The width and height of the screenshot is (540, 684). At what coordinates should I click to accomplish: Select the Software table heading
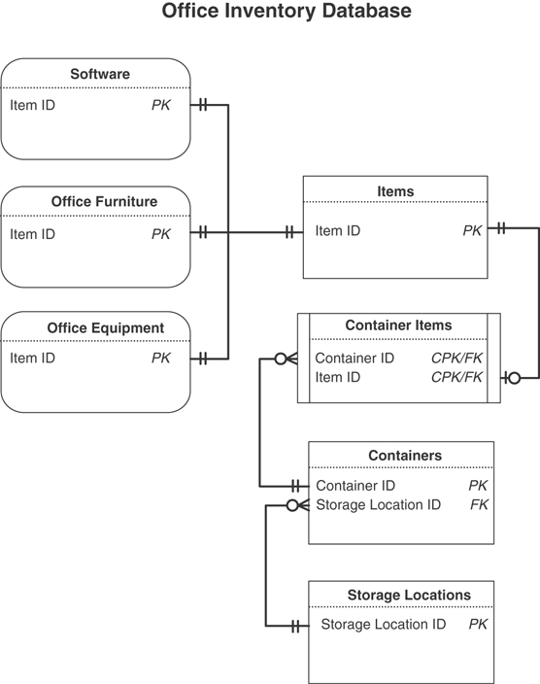coord(99,74)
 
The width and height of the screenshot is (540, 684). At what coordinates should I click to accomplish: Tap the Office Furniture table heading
coord(104,202)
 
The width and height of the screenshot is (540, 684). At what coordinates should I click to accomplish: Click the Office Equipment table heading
coord(105,327)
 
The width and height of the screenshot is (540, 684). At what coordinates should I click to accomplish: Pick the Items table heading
coord(394,191)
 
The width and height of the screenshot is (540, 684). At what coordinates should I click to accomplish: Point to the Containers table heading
coord(404,455)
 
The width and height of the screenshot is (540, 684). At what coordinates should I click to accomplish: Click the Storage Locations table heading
coord(408,595)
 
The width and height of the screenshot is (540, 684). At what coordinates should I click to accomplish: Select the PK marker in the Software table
coord(160,105)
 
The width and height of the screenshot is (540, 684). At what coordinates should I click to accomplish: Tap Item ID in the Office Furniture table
coord(32,234)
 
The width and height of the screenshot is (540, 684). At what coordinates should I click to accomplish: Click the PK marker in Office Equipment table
coord(160,359)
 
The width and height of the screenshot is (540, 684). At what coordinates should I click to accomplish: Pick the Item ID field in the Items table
coord(337,231)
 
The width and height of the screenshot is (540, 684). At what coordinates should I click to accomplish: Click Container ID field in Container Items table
coord(354,359)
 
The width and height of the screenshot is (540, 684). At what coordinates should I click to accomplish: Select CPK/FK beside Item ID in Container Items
coord(456,378)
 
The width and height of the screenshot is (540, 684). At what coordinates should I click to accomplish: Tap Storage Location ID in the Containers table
coord(378,504)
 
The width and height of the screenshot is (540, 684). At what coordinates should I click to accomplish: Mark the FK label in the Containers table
coord(479,504)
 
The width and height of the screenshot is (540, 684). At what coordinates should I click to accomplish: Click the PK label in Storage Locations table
coord(478,625)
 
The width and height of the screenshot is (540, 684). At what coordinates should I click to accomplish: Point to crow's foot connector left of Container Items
coord(286,359)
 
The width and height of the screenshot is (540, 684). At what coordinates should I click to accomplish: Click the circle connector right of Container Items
coord(514,378)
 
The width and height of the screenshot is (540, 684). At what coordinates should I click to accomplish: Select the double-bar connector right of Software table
coord(202,105)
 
